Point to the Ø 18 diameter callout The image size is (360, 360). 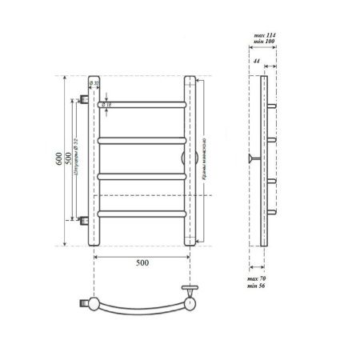(107, 104)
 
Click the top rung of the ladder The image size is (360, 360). (142, 104)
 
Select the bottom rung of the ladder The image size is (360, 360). (142, 213)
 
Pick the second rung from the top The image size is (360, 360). (142, 140)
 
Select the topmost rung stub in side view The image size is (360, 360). (273, 105)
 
